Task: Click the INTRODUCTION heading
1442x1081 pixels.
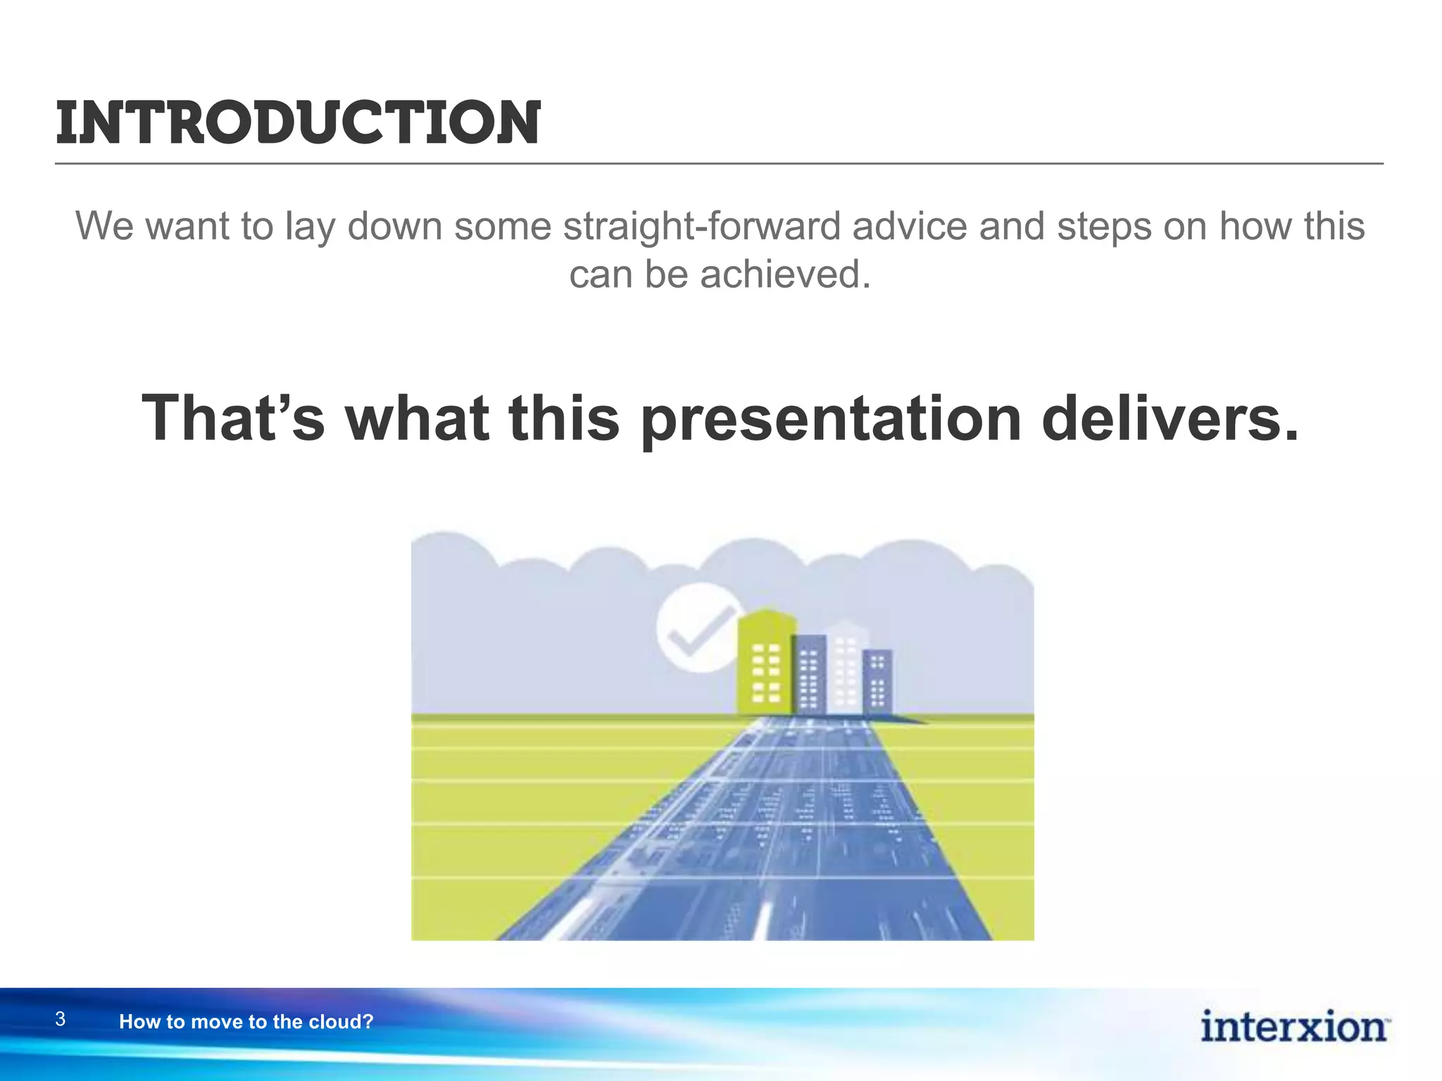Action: pos(298,123)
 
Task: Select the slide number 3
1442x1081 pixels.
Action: pos(61,1019)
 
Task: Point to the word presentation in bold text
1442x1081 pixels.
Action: pos(831,419)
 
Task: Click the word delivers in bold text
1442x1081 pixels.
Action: pos(1170,418)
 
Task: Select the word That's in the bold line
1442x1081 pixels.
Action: pos(233,418)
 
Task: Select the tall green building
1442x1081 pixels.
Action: pos(765,662)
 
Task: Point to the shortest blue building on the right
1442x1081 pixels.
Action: pos(877,680)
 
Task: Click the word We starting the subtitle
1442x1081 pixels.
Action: pos(104,227)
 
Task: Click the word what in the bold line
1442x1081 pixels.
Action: pos(416,418)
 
